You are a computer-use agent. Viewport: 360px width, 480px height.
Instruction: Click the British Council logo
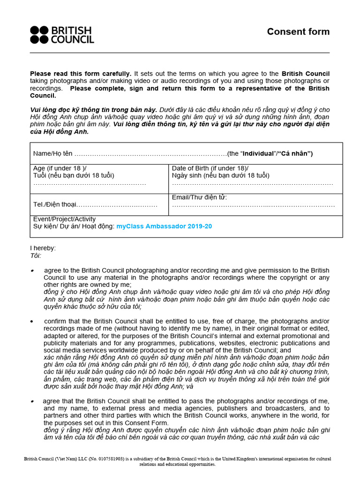click(62, 35)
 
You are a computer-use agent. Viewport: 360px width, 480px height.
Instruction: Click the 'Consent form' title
click(298, 32)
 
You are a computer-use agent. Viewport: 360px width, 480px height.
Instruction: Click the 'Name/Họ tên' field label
click(53, 154)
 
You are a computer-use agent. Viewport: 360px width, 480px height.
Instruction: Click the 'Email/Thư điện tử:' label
click(199, 197)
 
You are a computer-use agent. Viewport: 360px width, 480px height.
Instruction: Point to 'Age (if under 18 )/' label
click(60, 168)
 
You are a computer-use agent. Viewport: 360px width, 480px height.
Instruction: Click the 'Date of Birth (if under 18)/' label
click(210, 168)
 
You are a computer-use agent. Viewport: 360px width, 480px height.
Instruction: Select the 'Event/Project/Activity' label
click(64, 219)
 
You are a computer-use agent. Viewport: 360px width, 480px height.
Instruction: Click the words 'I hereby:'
click(43, 248)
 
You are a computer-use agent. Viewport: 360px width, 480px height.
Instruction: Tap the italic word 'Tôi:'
click(36, 255)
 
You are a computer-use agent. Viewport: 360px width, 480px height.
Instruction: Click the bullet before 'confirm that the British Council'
click(32, 321)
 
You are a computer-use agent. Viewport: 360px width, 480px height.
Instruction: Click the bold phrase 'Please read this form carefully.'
click(81, 74)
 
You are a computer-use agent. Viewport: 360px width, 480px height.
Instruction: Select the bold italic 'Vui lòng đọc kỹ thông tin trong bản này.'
click(94, 109)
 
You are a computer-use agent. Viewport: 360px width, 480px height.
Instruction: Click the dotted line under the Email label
click(253, 205)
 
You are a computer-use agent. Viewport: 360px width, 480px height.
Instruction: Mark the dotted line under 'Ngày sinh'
click(252, 183)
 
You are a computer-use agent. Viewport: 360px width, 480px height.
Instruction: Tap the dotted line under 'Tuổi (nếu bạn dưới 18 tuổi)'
click(90, 183)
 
